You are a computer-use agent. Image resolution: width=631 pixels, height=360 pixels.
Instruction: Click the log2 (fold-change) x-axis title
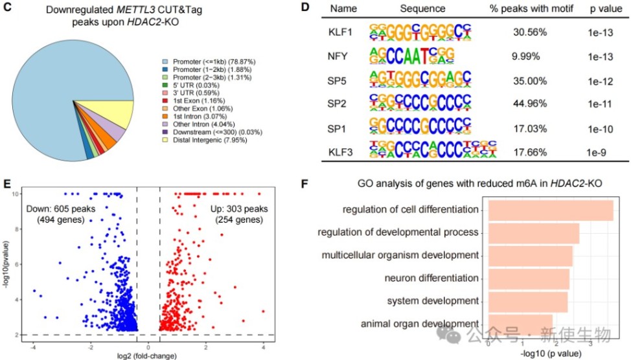click(146, 355)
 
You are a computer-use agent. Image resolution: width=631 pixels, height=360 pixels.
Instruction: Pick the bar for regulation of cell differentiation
click(550, 210)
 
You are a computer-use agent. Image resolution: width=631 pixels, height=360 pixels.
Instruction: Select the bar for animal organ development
click(520, 324)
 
